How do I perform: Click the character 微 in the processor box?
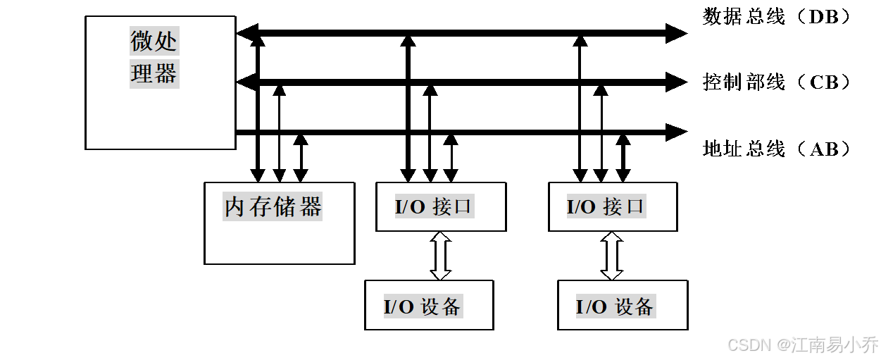tap(142, 42)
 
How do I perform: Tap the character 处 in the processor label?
tap(166, 42)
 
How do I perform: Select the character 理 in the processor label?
tap(142, 73)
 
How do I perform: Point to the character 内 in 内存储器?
tap(235, 207)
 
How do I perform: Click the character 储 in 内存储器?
tap(285, 207)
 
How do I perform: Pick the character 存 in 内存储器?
tap(260, 207)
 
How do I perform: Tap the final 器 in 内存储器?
tap(310, 207)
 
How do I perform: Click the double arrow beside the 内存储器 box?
tap(441, 256)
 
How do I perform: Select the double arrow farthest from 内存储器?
tap(612, 256)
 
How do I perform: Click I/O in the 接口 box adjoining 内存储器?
tap(411, 207)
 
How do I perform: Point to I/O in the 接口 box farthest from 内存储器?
tap(582, 207)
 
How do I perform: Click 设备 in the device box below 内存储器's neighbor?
tap(442, 307)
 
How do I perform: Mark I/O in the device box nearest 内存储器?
tap(399, 307)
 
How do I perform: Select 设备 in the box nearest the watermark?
tap(635, 307)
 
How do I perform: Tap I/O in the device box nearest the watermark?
tap(592, 307)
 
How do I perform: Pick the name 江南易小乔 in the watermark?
tap(834, 345)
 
